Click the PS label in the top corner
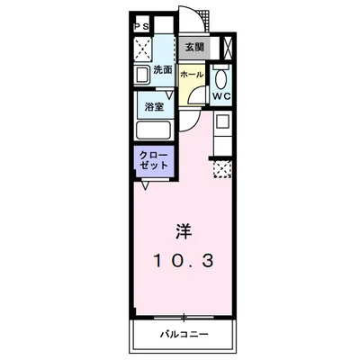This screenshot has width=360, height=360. click(141, 28)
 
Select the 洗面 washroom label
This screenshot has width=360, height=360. click(161, 70)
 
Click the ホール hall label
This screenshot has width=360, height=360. click(190, 76)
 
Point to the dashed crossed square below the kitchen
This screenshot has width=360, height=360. click(222, 167)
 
